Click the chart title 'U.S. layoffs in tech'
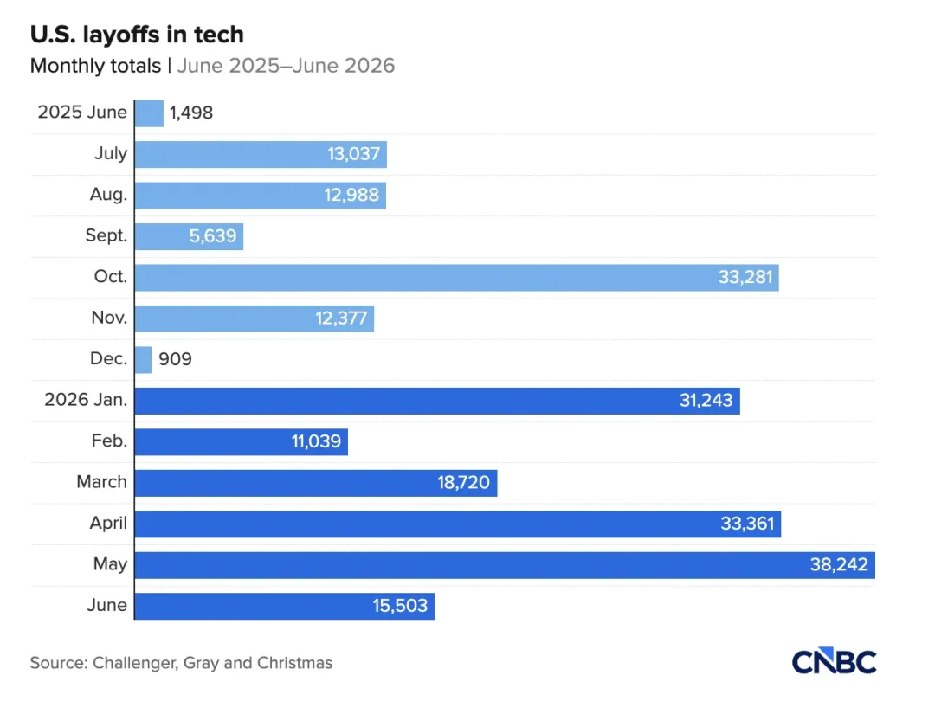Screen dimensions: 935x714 [137, 35]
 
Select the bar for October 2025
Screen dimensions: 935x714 [457, 278]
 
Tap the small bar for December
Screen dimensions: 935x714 [143, 360]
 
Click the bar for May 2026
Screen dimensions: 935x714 [505, 565]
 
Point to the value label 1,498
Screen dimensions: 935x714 [190, 113]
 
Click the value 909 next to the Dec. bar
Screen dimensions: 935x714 [175, 359]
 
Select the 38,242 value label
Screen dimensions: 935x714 [838, 564]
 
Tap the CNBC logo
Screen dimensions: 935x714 [835, 661]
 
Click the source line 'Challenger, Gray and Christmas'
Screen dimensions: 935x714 [212, 663]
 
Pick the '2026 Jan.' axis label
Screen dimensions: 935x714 [86, 399]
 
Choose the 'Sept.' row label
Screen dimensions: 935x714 [106, 235]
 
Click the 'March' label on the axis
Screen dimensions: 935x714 [102, 481]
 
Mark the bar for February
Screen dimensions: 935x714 [241, 442]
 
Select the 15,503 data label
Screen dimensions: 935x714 [400, 606]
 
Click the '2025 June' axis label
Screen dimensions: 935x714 [82, 112]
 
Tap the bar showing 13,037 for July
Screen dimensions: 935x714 [261, 154]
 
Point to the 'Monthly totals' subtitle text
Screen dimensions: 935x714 [95, 66]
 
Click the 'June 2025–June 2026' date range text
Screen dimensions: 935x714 [287, 66]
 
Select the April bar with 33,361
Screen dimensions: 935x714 [458, 524]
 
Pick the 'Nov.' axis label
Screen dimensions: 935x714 [109, 318]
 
